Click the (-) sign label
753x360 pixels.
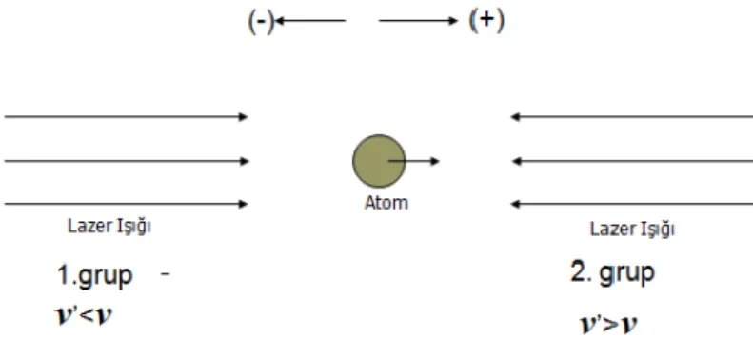[x=261, y=22]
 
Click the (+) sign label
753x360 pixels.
[x=486, y=22]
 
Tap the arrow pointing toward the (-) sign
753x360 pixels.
[x=310, y=21]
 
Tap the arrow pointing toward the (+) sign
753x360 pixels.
[x=418, y=21]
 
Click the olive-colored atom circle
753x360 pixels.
[x=379, y=161]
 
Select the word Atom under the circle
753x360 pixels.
[x=386, y=203]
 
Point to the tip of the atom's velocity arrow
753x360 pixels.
[x=440, y=161]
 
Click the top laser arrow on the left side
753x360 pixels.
[x=126, y=117]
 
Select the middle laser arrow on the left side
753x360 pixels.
[x=127, y=161]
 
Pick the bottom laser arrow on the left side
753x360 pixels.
[x=126, y=204]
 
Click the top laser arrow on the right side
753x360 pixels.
[x=631, y=117]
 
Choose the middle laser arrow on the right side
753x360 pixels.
[x=632, y=161]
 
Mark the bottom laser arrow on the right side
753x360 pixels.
[x=631, y=204]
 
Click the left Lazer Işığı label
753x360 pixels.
[x=109, y=227]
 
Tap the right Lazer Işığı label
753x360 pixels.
[x=632, y=229]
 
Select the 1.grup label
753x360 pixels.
[x=94, y=276]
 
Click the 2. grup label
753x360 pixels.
[x=612, y=272]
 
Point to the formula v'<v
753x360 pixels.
[x=84, y=316]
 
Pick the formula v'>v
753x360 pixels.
[x=609, y=325]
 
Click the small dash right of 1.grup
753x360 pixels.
[x=166, y=274]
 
